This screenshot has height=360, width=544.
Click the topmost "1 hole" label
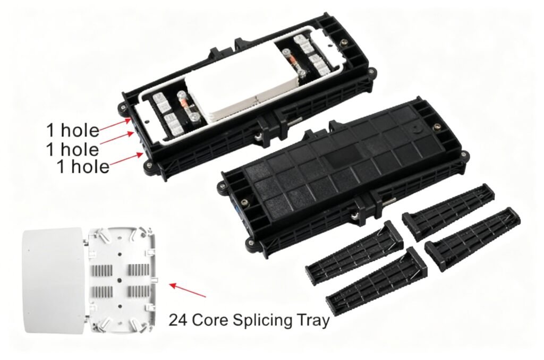(x=72, y=131)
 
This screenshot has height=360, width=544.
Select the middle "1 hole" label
(x=72, y=149)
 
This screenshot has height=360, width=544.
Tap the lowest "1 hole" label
(x=83, y=167)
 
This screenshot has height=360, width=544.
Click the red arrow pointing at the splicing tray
(x=188, y=290)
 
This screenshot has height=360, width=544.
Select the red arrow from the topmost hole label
(x=114, y=124)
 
